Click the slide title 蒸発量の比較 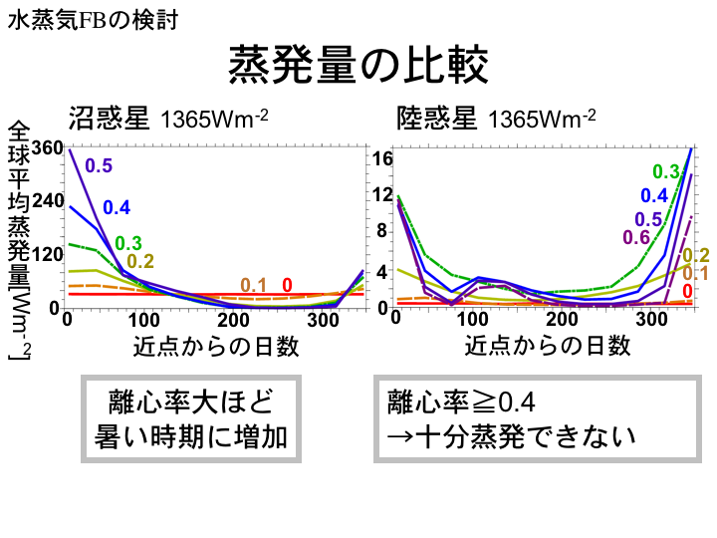(358, 66)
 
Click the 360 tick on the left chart (47, 147)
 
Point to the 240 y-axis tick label (47, 200)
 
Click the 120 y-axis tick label (47, 254)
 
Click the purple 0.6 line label (635, 237)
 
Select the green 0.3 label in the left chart (127, 243)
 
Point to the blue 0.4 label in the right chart (653, 195)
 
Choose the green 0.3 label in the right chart (665, 171)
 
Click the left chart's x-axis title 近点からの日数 (215, 346)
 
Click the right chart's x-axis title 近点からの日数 (547, 346)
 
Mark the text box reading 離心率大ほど (189, 403)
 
